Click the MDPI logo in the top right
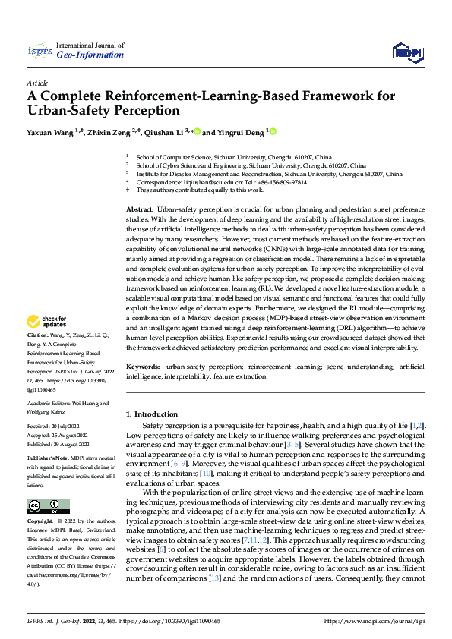pos(406,51)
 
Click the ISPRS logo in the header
pos(39,51)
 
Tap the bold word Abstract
pos(139,208)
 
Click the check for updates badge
pos(49,342)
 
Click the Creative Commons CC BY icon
pos(49,506)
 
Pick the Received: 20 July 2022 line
pos(56,427)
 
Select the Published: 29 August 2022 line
pos(58,445)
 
